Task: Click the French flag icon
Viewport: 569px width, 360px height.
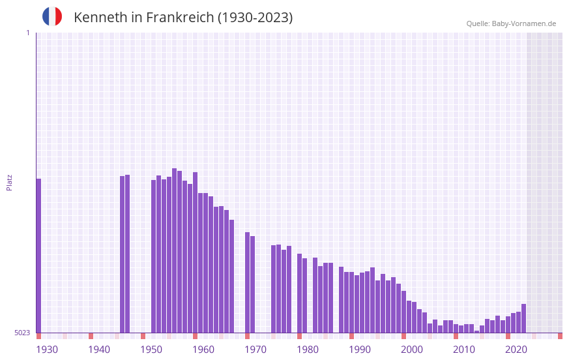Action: [52, 16]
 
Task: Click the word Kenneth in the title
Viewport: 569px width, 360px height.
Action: [100, 18]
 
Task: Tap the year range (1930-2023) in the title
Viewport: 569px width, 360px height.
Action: [255, 18]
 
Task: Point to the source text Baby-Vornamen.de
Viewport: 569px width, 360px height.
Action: [523, 23]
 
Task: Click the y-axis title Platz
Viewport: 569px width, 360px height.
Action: [9, 182]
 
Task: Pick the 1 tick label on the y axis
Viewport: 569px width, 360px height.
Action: [27, 33]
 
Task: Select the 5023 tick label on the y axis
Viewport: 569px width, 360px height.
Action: [22, 333]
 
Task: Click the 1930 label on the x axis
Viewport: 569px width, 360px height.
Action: [47, 350]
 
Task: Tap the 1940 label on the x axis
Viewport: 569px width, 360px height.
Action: [99, 350]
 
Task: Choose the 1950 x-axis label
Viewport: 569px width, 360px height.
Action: [151, 350]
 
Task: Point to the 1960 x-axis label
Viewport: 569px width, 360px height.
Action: [203, 350]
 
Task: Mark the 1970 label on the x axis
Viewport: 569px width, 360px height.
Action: [255, 350]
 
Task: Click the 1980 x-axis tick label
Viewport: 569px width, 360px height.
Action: [308, 350]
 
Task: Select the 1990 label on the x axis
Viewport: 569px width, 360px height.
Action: [360, 350]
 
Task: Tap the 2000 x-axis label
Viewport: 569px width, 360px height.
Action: [412, 350]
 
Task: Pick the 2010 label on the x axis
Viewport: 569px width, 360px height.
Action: [464, 350]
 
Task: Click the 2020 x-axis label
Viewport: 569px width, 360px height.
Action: [516, 350]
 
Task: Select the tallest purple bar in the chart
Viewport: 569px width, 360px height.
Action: [174, 250]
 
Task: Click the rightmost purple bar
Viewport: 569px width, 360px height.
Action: [523, 318]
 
